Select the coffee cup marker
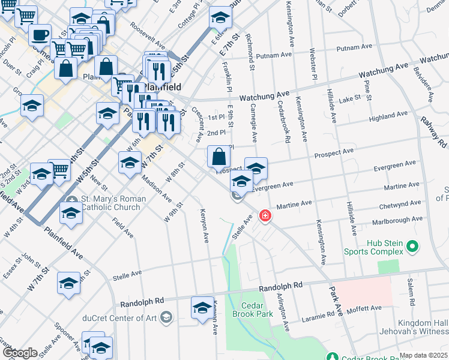click(x=40, y=35)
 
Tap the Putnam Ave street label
click(x=273, y=55)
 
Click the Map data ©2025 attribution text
click(x=423, y=355)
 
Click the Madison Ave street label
click(x=158, y=187)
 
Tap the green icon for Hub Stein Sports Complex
click(x=412, y=245)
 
